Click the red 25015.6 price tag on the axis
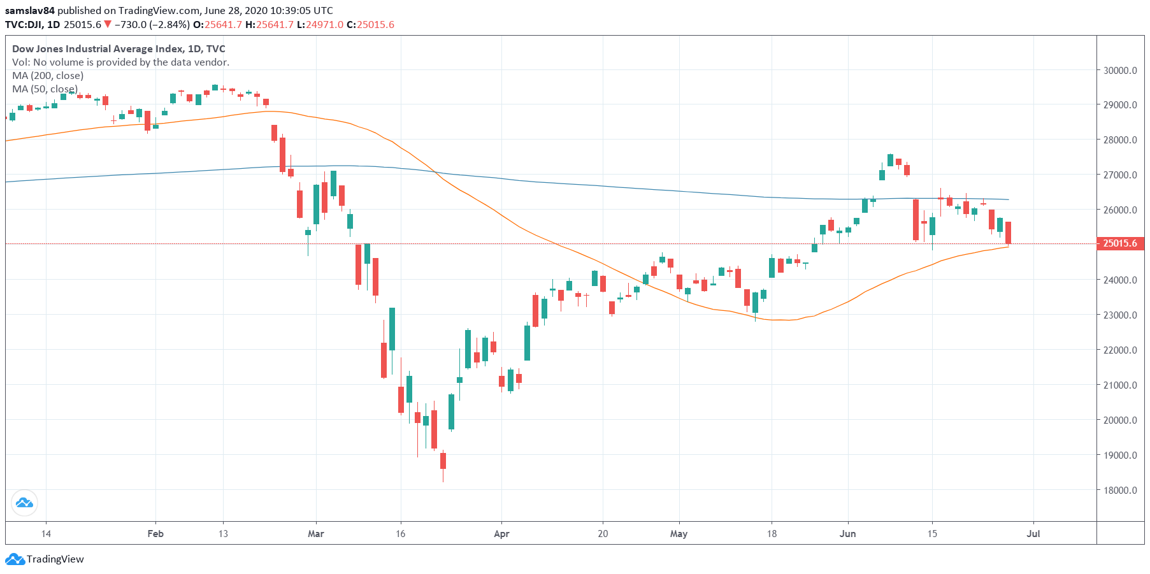point(1120,243)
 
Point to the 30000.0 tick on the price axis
point(1120,70)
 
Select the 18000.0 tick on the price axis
point(1120,490)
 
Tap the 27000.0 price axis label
point(1120,175)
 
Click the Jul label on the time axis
point(1033,534)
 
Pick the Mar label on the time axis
point(315,534)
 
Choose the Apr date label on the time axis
point(501,534)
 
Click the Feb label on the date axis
point(155,534)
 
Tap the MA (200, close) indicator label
point(48,76)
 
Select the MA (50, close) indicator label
point(45,89)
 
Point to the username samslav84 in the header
point(30,11)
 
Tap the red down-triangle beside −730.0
point(108,25)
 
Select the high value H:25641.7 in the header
point(269,25)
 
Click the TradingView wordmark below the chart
point(55,559)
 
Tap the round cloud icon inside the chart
point(24,503)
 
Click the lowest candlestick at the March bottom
point(443,461)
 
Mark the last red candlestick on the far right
point(1009,233)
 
